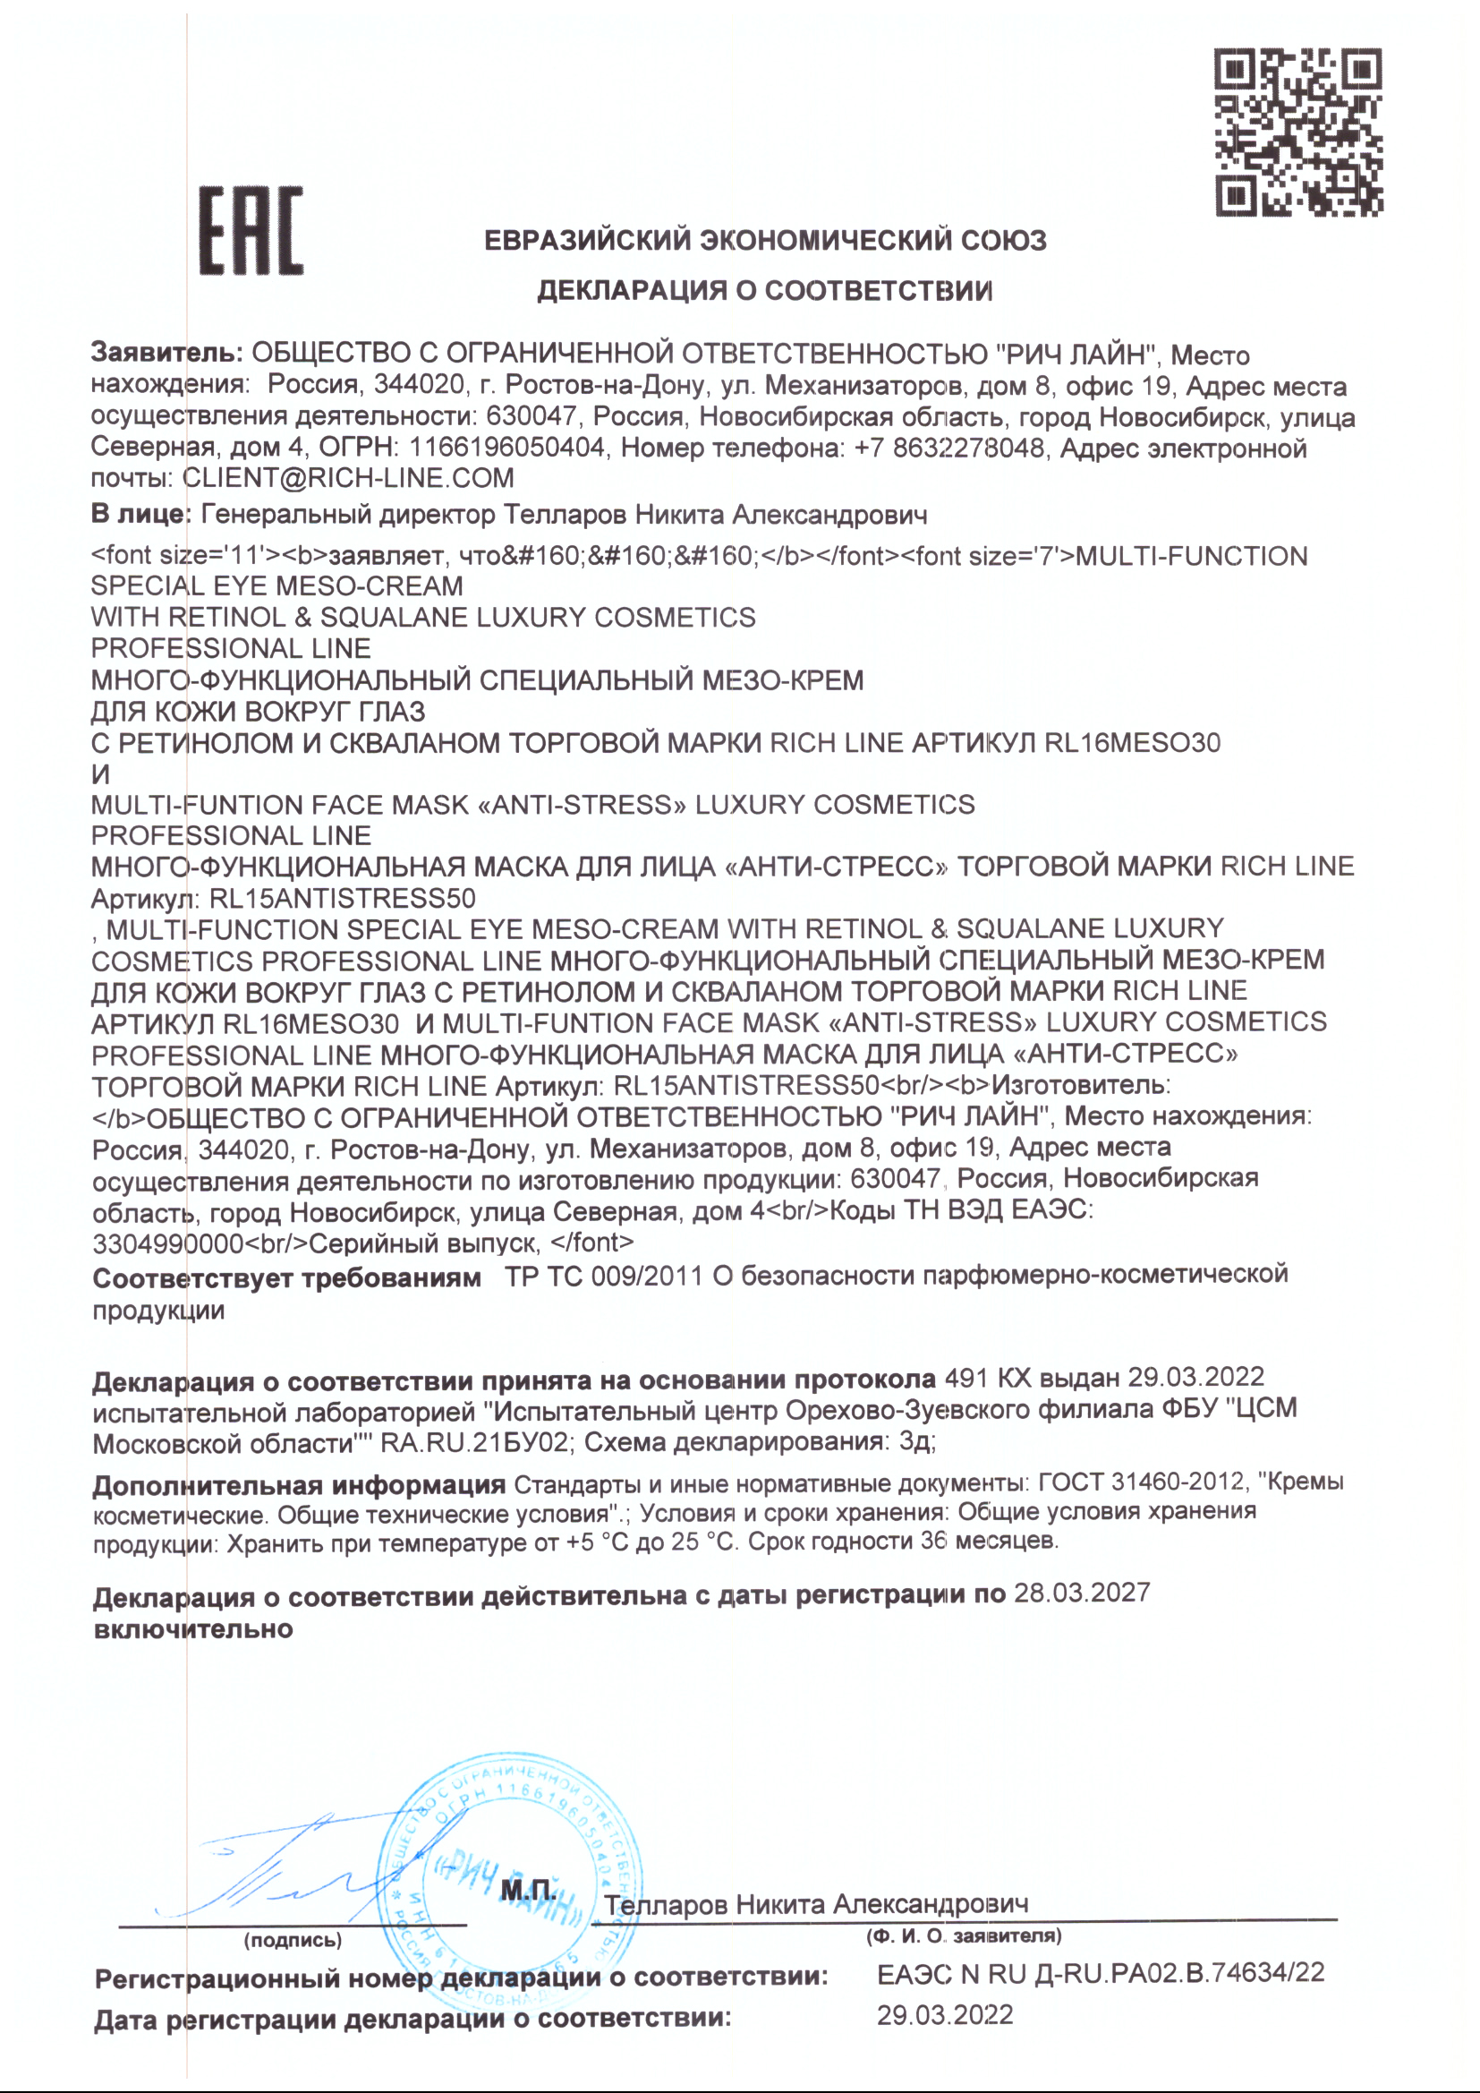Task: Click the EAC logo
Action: (251, 231)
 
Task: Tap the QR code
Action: (1298, 132)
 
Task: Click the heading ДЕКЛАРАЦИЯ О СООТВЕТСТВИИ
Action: (764, 291)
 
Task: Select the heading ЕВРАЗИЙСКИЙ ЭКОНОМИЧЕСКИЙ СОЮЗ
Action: (764, 241)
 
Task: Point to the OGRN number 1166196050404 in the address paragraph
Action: (506, 448)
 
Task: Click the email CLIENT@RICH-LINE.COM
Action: (348, 478)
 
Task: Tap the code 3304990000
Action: (167, 1243)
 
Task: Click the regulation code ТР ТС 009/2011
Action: (603, 1277)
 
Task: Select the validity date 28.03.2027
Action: (1082, 1593)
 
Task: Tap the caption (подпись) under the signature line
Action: (293, 1940)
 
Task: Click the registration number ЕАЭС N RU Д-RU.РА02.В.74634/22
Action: (1100, 1974)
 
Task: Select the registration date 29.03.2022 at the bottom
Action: (944, 2014)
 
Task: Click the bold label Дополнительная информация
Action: (299, 1485)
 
